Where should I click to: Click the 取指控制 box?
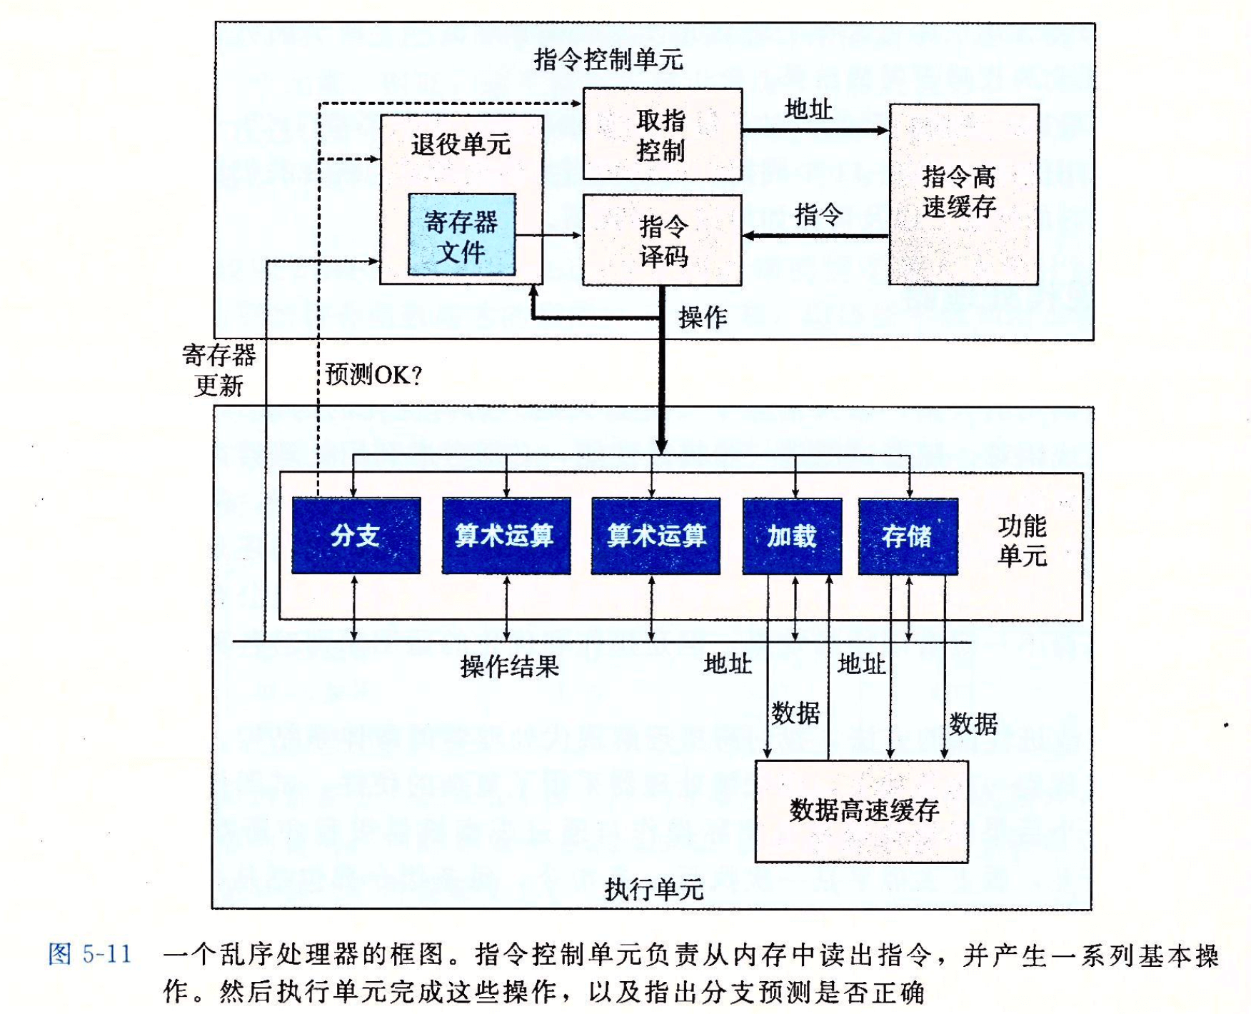click(663, 134)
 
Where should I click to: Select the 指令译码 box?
click(663, 241)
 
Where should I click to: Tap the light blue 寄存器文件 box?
click(462, 235)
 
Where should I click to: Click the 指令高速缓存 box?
click(963, 194)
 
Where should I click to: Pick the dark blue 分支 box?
click(356, 536)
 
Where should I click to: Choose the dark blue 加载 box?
click(792, 536)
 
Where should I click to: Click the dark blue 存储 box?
click(908, 536)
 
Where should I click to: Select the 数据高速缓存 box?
click(862, 811)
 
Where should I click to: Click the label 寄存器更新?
click(219, 370)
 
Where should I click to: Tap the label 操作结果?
click(509, 666)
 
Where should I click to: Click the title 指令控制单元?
click(608, 59)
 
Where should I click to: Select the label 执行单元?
click(654, 889)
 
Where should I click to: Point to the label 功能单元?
click(1022, 541)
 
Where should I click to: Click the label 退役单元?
click(461, 144)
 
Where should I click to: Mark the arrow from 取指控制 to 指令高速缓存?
click(815, 131)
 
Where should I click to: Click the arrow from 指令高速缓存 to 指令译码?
click(815, 236)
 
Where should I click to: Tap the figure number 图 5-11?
click(90, 954)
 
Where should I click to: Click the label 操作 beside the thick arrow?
click(703, 317)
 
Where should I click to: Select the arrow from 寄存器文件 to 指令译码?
click(548, 235)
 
